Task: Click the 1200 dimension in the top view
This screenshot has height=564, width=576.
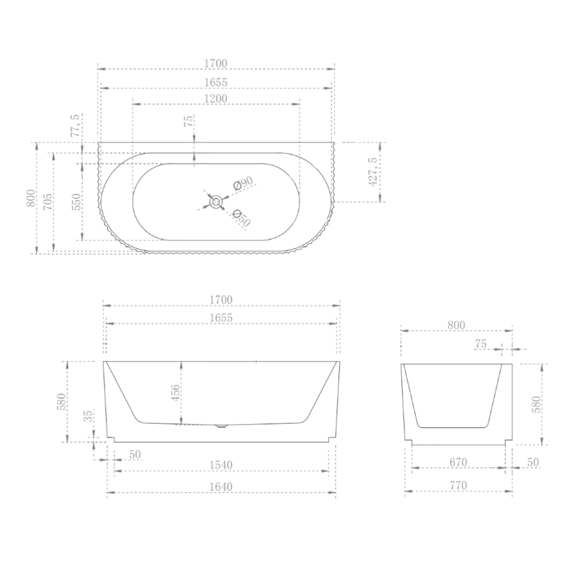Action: (216, 99)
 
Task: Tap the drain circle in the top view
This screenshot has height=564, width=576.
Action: (216, 202)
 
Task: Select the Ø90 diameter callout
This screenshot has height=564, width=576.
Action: (243, 183)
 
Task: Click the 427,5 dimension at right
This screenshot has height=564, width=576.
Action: (373, 172)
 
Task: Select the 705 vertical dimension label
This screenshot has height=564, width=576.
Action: (48, 202)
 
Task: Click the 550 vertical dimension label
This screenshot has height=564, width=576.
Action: (77, 202)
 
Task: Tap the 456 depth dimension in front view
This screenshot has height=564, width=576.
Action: (176, 393)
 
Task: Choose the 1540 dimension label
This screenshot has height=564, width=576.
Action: (221, 465)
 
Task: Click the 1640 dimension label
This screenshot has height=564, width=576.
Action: (221, 487)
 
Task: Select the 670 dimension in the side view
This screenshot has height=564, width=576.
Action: (458, 462)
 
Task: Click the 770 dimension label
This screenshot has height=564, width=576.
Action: (458, 485)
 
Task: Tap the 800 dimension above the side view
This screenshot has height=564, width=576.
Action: (456, 325)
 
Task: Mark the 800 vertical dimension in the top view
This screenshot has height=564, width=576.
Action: (31, 198)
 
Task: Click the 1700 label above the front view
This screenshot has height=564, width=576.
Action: (221, 300)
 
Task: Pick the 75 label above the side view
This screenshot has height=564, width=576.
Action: (481, 344)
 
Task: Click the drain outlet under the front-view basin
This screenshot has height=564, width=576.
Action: (221, 426)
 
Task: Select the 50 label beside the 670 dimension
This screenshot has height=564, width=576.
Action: (533, 462)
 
